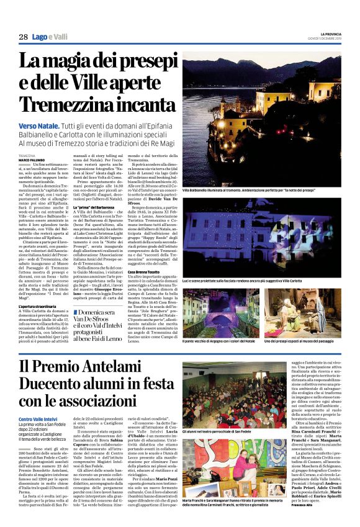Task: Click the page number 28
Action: pyautogui.click(x=23, y=37)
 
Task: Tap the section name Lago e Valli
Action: pyautogui.click(x=50, y=37)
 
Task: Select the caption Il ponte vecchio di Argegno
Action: pyautogui.click(x=222, y=341)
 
